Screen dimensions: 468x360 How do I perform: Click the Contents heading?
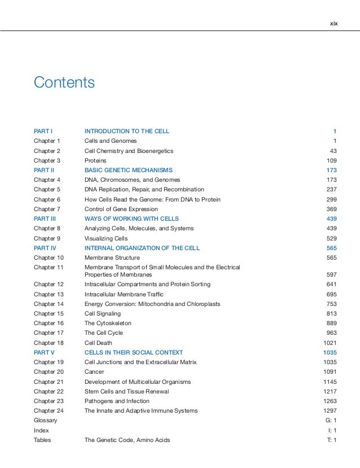pyautogui.click(x=64, y=82)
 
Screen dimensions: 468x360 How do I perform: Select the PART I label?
pyautogui.click(x=43, y=132)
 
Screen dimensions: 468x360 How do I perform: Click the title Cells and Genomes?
pyautogui.click(x=111, y=141)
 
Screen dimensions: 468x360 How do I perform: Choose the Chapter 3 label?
pyautogui.click(x=47, y=160)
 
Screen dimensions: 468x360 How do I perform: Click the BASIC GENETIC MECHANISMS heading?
pyautogui.click(x=129, y=170)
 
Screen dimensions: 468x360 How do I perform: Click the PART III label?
pyautogui.click(x=45, y=218)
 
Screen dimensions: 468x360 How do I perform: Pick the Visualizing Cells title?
pyautogui.click(x=106, y=238)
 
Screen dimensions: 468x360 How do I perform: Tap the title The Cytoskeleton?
pyautogui.click(x=108, y=323)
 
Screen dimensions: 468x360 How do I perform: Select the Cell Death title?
pyautogui.click(x=98, y=343)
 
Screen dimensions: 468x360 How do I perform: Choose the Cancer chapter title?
pyautogui.click(x=94, y=372)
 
